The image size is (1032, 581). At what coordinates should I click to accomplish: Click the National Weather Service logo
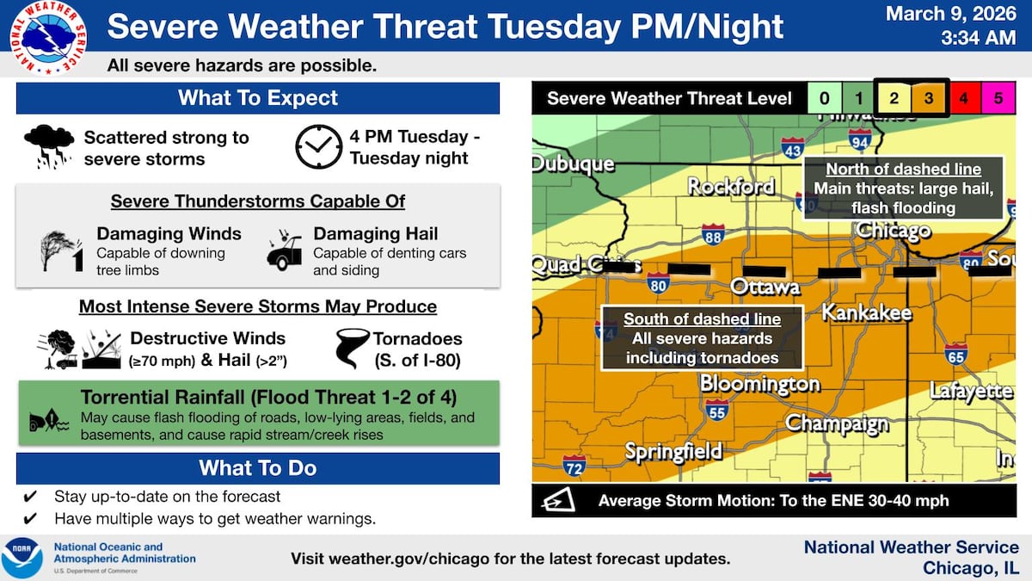48,37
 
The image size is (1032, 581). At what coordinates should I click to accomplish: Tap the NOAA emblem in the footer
22,557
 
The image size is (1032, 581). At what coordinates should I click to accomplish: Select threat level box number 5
998,98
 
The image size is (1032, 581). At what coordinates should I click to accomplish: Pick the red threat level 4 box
963,98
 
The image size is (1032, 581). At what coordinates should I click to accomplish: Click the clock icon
318,147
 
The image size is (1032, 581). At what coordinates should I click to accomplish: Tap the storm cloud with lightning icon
48,146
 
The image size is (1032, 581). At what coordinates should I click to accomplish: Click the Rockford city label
731,186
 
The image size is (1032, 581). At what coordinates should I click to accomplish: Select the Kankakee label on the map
866,312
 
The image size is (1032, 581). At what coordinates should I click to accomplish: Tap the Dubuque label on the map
573,164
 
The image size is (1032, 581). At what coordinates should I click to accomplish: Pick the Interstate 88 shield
712,234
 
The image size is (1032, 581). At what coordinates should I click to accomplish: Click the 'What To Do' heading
258,468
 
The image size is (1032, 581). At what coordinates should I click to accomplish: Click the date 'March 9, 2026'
951,15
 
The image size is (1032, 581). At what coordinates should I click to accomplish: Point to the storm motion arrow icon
557,500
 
